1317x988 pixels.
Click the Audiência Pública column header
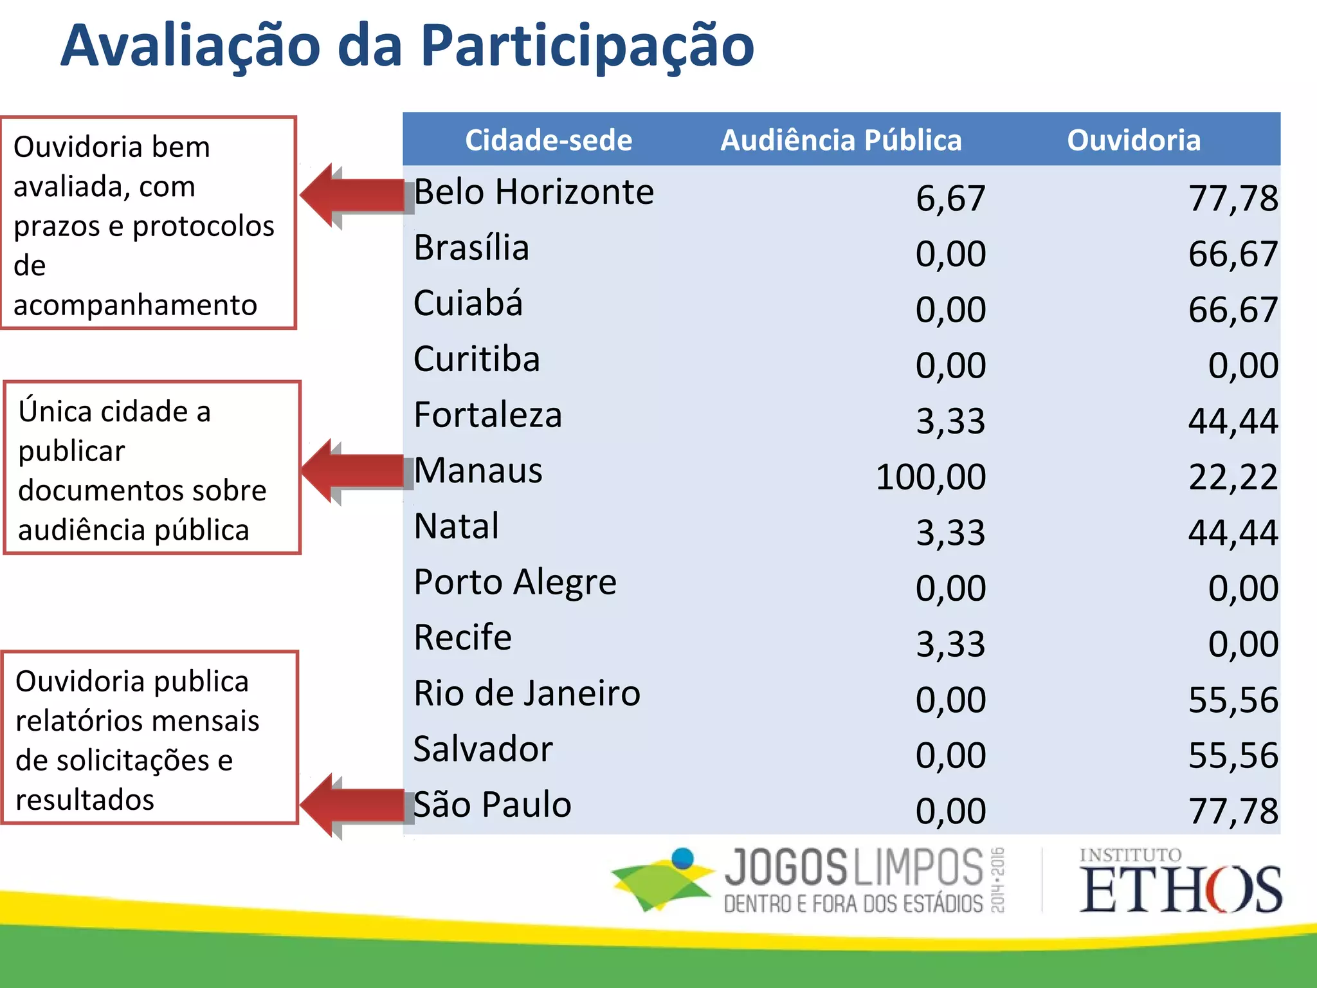[x=840, y=140]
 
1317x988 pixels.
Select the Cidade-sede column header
[x=549, y=140]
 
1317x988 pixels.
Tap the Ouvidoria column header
[x=1134, y=140]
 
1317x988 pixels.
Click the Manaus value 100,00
[x=931, y=477]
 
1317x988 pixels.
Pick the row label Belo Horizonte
[x=534, y=192]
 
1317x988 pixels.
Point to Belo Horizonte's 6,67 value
[x=950, y=198]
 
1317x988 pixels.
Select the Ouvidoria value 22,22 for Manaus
[x=1233, y=477]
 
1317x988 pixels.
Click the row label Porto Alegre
[x=515, y=583]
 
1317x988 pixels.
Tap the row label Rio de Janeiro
[x=527, y=694]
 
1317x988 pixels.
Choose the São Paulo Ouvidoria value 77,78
[x=1233, y=811]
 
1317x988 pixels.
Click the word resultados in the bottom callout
[x=85, y=800]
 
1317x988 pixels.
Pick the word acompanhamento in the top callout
[x=135, y=306]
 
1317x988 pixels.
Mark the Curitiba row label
[x=477, y=360]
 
